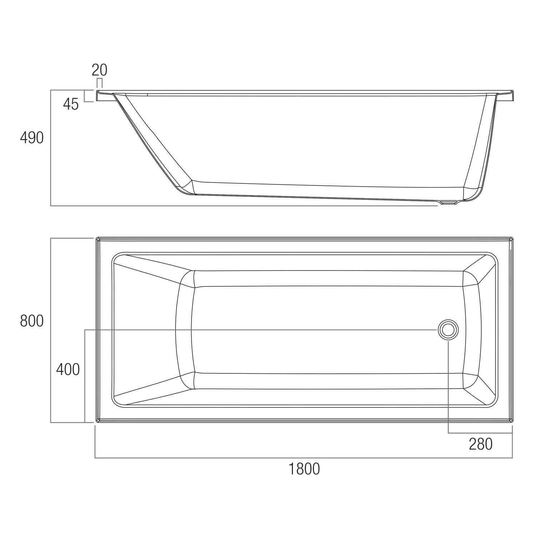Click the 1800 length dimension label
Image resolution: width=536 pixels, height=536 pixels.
click(x=304, y=469)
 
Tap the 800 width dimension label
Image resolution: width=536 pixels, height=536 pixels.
click(x=32, y=321)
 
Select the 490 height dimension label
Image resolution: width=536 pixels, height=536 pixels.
click(x=32, y=138)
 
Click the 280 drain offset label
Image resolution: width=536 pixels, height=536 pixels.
click(x=481, y=444)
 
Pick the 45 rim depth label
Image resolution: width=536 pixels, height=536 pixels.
click(x=71, y=104)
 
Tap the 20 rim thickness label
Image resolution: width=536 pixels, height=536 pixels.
click(x=99, y=70)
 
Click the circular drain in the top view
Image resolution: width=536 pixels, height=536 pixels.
click(x=448, y=330)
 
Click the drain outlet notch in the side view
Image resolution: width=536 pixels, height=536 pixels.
click(x=449, y=203)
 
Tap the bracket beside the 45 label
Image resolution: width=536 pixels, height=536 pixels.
click(x=86, y=96)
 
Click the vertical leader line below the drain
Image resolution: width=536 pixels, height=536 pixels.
click(x=448, y=386)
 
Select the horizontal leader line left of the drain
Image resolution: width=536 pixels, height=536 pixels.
click(x=250, y=330)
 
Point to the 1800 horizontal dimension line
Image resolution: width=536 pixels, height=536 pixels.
click(x=304, y=458)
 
